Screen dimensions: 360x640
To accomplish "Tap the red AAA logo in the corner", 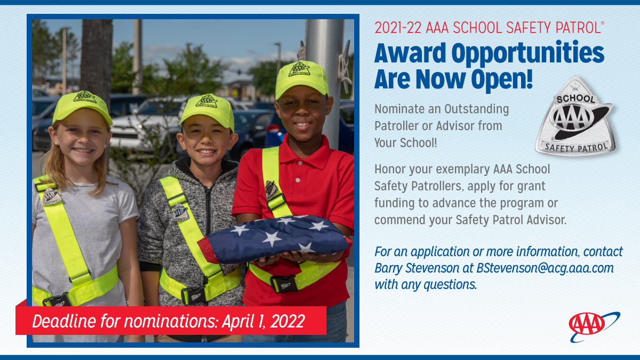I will (587, 324).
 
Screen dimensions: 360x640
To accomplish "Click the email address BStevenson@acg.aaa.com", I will (545, 268).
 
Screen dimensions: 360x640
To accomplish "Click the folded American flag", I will (275, 238).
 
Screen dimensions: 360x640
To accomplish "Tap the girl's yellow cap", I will (82, 105).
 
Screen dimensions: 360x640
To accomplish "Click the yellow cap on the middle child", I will (207, 109).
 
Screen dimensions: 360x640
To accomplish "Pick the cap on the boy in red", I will (301, 78).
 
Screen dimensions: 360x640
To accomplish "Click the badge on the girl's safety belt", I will (51, 197).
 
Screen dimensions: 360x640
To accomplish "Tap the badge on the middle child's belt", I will (180, 212).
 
